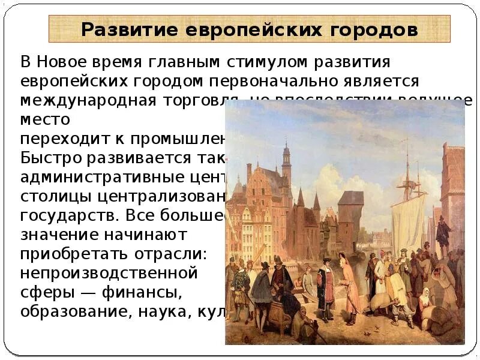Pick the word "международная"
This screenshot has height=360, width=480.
pos(88,100)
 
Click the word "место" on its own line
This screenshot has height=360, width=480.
pos(45,119)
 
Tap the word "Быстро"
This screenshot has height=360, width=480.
pos(52,158)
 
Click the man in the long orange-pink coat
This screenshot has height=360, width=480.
pos(350,282)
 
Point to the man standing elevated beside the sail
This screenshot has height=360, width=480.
pos(443,234)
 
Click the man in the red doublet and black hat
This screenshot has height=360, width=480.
pos(325,282)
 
